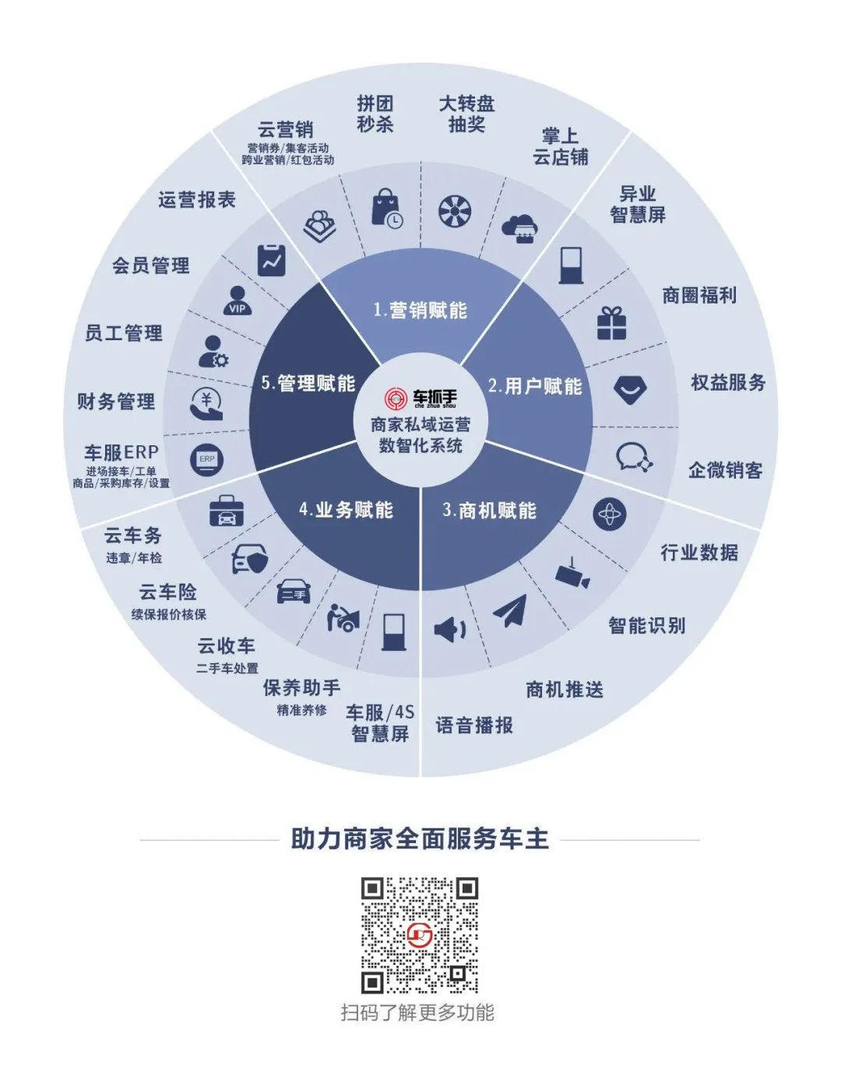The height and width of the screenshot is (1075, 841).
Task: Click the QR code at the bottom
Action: [420, 935]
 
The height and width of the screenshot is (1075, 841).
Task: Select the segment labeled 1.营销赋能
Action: [420, 311]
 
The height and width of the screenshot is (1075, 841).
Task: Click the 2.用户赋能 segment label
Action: [535, 386]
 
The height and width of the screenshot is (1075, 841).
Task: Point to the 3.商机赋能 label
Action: [489, 511]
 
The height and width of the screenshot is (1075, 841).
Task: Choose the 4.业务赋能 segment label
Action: [346, 510]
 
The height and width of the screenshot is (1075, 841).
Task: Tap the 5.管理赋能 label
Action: [308, 383]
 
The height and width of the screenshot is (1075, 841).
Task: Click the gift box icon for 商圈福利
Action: [611, 323]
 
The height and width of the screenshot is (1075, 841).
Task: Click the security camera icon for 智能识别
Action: [572, 574]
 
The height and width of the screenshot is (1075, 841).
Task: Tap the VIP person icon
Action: [237, 300]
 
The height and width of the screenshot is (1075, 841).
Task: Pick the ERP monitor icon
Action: [207, 460]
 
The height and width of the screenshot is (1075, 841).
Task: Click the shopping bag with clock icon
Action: [386, 209]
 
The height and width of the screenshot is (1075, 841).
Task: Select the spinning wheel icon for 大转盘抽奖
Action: [455, 210]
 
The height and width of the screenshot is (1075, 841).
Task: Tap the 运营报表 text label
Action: [196, 200]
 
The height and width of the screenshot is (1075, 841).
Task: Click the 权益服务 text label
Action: [728, 382]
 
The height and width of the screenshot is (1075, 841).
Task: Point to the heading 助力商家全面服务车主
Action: [420, 839]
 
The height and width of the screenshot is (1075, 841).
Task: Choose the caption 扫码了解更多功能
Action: [417, 1013]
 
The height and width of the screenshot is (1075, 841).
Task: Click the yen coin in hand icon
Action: [207, 403]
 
